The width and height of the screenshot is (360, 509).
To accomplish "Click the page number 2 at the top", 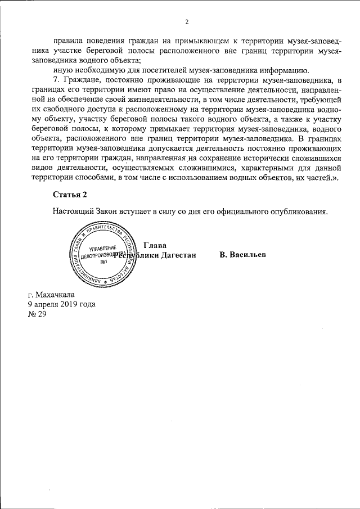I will [187, 22].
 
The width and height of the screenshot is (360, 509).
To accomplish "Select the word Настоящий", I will [73, 212].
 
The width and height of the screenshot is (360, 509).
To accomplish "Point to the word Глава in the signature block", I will [155, 245].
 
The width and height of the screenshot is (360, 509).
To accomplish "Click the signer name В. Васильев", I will [243, 255].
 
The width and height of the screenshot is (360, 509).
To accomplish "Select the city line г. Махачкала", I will [51, 294].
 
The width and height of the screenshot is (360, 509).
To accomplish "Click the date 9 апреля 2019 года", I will [61, 304].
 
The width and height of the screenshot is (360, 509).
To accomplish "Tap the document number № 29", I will [37, 313].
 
